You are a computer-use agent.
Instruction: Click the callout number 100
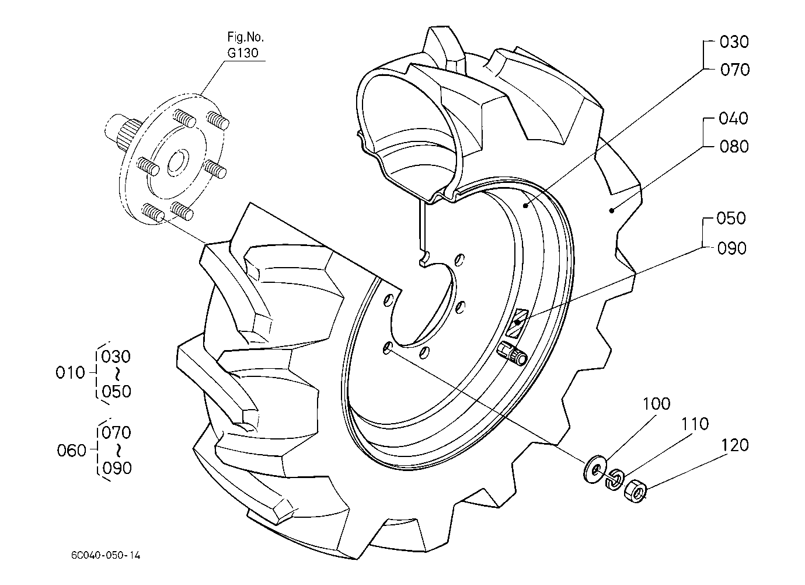click(656, 404)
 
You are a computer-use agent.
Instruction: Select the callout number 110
click(695, 424)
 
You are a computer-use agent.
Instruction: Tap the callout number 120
click(735, 445)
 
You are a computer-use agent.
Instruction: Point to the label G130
click(243, 53)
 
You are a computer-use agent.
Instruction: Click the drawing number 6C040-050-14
click(106, 555)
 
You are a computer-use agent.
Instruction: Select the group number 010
click(70, 373)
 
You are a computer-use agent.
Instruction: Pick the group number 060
click(72, 451)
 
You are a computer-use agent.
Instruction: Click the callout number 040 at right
click(733, 119)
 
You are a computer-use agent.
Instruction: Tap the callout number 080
click(734, 147)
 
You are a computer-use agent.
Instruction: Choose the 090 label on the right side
click(732, 248)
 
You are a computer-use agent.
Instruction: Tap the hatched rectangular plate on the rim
click(517, 323)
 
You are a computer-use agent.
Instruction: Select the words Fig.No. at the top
click(245, 37)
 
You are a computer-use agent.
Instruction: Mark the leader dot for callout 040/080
click(611, 210)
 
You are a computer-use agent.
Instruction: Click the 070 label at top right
click(735, 70)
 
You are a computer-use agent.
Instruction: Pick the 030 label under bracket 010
click(116, 357)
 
